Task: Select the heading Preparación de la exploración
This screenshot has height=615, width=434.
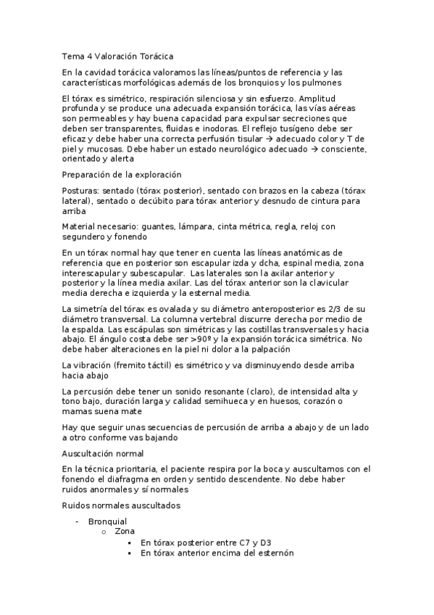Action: click(x=122, y=175)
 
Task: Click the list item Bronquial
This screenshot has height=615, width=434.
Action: click(x=107, y=521)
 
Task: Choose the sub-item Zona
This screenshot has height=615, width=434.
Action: click(x=125, y=532)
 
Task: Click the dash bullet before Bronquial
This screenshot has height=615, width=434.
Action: click(x=78, y=521)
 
